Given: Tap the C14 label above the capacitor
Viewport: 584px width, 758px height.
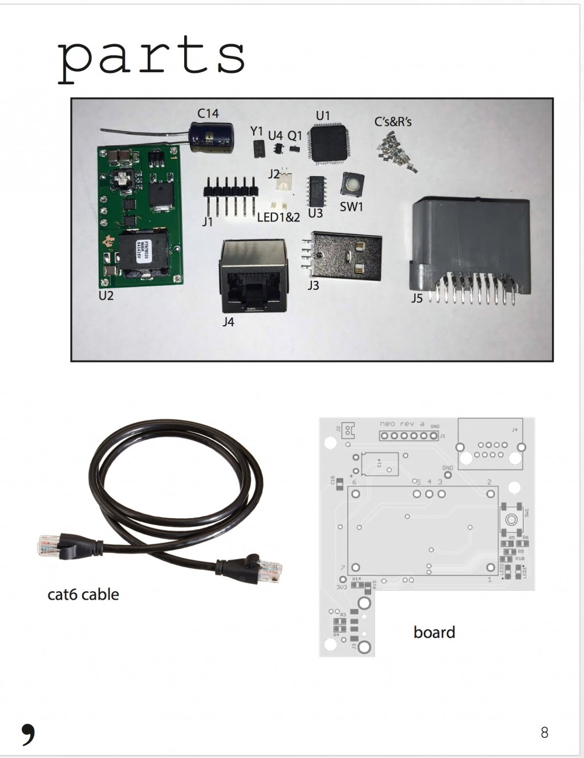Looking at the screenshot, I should click(208, 113).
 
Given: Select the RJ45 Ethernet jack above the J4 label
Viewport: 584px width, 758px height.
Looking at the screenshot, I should click(253, 274).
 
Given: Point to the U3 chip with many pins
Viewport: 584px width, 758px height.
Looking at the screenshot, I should click(315, 190).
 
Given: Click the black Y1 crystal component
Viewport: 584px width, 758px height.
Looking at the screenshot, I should click(257, 149).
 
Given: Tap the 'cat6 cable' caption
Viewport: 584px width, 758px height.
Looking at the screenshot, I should click(83, 595).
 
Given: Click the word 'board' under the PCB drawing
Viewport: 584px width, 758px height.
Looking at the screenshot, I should click(434, 632).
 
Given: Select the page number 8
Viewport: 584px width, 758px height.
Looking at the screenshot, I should click(544, 732).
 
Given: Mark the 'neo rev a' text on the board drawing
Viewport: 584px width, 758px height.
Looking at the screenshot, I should click(402, 424).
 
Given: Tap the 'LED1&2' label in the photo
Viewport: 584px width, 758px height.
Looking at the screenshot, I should click(278, 217).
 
